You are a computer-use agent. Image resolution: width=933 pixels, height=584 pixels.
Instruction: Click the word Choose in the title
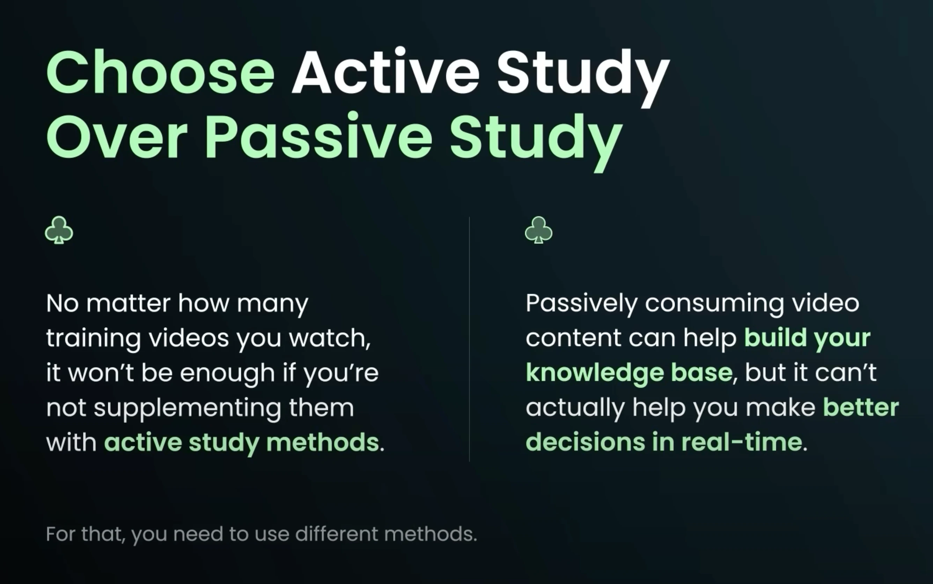(x=161, y=72)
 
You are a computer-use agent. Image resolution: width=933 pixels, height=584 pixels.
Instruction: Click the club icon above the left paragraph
(x=59, y=230)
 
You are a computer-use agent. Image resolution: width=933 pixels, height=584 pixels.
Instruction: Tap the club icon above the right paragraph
(x=538, y=230)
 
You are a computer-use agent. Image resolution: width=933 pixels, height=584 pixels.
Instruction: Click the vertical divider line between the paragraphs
(x=469, y=339)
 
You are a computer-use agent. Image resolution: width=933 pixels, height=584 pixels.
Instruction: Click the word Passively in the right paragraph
(x=581, y=304)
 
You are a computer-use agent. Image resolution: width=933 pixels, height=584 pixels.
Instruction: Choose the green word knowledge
(x=594, y=373)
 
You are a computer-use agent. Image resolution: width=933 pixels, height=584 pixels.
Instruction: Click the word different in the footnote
(x=336, y=534)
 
